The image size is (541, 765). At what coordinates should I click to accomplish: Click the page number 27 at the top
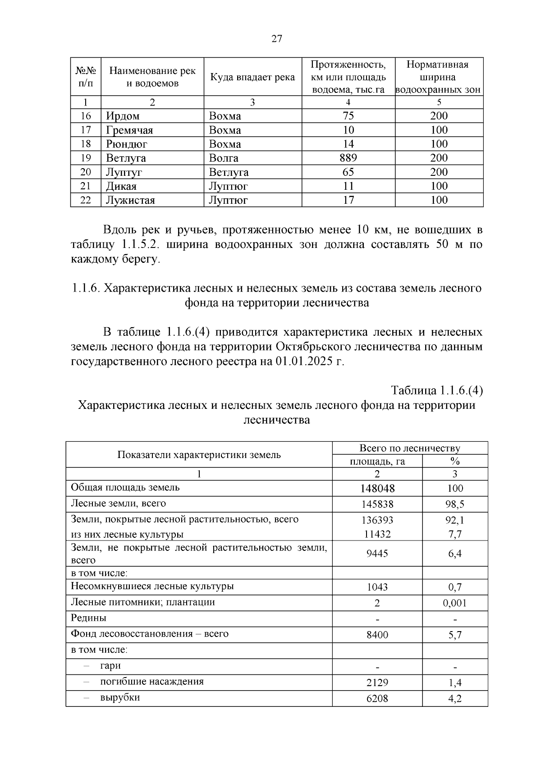(x=277, y=39)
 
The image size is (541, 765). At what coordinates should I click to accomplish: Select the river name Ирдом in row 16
(x=123, y=116)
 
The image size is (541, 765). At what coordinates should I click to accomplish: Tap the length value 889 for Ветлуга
(x=348, y=158)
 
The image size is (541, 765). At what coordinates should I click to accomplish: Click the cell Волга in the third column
(x=224, y=158)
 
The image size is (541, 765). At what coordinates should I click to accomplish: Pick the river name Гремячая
(x=129, y=130)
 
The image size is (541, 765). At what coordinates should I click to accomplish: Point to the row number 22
(x=86, y=200)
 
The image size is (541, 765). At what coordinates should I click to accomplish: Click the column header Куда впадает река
(x=252, y=77)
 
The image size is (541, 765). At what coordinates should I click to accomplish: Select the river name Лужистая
(x=130, y=200)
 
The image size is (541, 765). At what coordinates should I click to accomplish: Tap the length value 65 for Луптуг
(x=348, y=172)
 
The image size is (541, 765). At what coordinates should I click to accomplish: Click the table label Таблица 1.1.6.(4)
(x=436, y=390)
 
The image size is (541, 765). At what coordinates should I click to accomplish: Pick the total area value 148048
(x=377, y=489)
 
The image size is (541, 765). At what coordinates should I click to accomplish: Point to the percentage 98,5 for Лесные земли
(x=455, y=504)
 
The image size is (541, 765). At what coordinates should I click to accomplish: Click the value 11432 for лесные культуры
(x=377, y=535)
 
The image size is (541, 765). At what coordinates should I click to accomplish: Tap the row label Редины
(x=89, y=618)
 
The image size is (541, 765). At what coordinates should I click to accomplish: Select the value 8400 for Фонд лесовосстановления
(x=377, y=635)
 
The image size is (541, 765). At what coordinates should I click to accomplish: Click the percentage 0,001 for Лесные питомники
(x=455, y=603)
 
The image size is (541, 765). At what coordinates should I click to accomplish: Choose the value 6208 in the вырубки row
(x=377, y=699)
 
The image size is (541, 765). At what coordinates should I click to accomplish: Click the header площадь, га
(x=377, y=461)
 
